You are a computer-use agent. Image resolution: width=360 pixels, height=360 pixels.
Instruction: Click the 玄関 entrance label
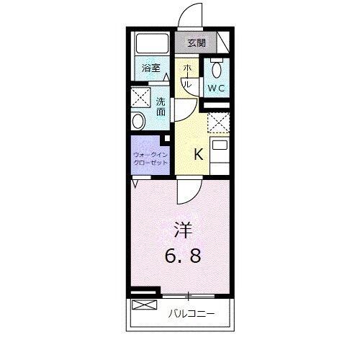pyautogui.click(x=197, y=43)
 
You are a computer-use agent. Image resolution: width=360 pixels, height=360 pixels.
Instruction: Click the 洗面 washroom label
pyautogui.click(x=161, y=107)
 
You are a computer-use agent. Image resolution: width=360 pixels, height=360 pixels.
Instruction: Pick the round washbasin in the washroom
pyautogui.click(x=138, y=120)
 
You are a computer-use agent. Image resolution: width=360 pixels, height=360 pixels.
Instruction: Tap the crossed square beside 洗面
pyautogui.click(x=139, y=97)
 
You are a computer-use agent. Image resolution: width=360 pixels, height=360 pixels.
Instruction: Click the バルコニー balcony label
pyautogui.click(x=191, y=314)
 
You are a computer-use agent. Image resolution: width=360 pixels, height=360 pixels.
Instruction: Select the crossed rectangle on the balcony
pyautogui.click(x=143, y=306)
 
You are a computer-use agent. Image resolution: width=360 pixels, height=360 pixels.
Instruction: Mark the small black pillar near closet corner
pyautogui.click(x=167, y=138)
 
